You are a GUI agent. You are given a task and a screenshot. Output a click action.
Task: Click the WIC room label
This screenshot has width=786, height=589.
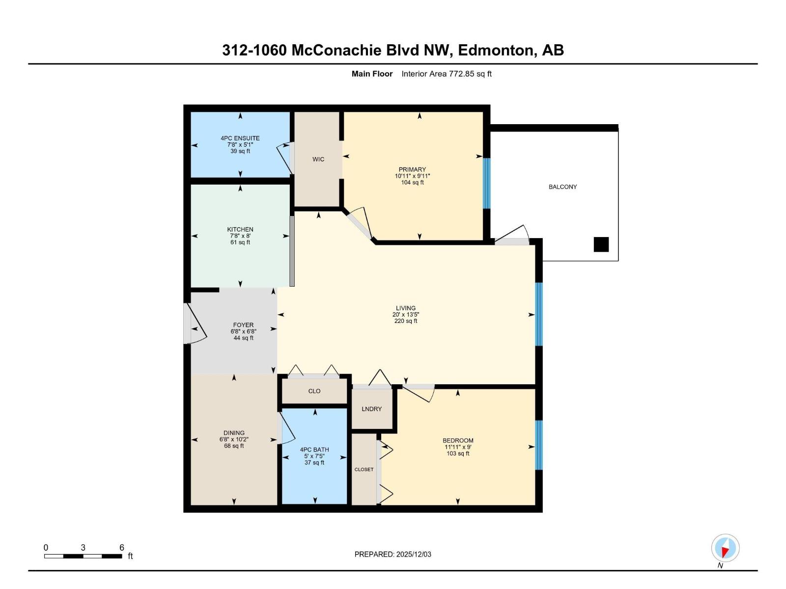318,160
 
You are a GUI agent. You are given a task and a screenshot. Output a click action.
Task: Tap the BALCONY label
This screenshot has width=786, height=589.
562,187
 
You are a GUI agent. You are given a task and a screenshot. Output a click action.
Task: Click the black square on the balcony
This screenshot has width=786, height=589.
601,244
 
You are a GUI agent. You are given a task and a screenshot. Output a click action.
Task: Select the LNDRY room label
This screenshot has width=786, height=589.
371,409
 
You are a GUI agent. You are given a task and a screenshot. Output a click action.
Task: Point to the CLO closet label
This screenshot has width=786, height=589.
314,391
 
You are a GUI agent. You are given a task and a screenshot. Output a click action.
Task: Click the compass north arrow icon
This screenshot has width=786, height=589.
725,548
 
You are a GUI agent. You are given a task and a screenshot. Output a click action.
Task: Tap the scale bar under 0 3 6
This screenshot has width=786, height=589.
83,556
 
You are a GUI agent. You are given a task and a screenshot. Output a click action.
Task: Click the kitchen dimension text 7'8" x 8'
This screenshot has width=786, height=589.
240,236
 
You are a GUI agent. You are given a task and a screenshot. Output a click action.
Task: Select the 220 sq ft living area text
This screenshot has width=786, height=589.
406,321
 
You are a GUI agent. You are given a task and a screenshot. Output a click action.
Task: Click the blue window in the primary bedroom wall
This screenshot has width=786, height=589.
487,183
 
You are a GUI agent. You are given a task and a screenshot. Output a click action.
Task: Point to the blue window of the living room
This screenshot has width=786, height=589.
538,314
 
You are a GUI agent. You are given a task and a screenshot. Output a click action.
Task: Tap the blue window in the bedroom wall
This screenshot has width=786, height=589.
538,445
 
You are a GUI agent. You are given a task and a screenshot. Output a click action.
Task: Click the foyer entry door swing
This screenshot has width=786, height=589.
195,324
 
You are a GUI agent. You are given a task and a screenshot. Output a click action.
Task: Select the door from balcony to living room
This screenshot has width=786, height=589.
512,237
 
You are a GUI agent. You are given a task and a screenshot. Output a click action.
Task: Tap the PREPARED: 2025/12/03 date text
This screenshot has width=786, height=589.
393,554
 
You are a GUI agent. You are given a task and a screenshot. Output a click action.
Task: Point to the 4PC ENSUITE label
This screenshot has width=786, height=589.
240,138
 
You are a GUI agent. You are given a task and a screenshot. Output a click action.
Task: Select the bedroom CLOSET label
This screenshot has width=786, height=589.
364,470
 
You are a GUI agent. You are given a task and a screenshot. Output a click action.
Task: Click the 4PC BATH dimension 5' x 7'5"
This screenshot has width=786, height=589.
314,456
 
